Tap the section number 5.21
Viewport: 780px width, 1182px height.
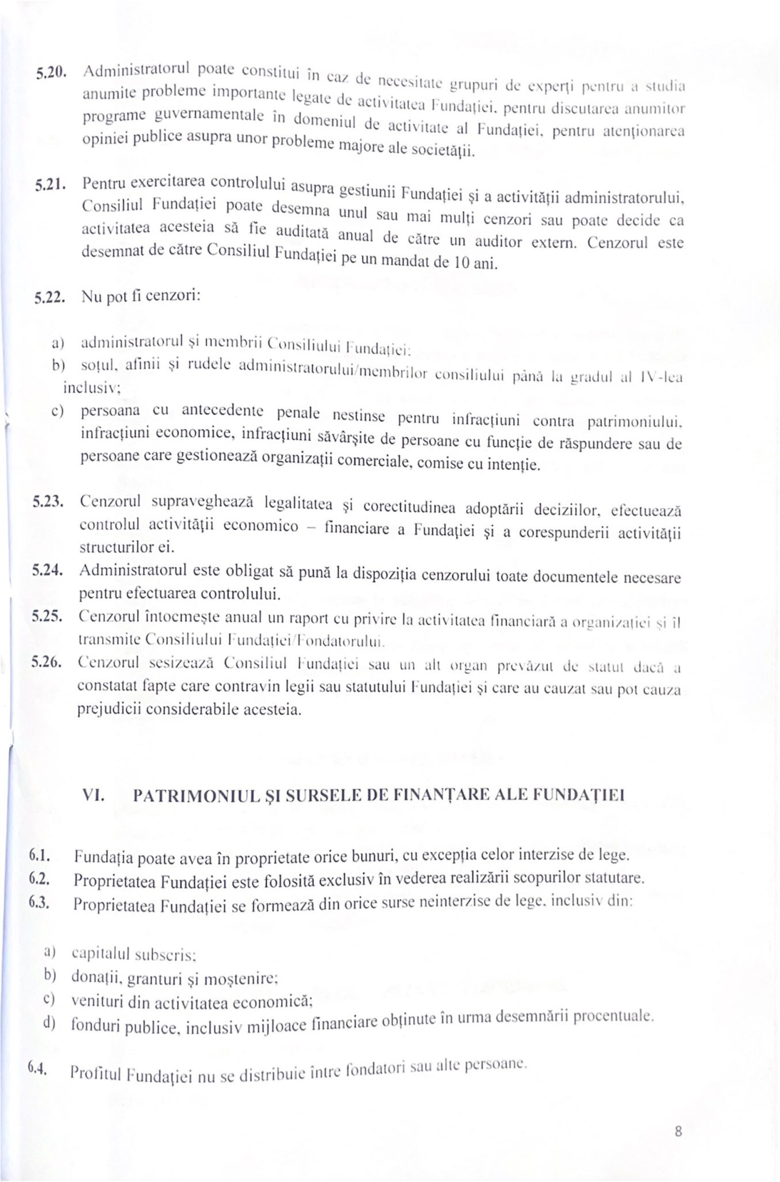pyautogui.click(x=48, y=185)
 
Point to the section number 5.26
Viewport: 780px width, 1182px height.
pyautogui.click(x=46, y=662)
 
